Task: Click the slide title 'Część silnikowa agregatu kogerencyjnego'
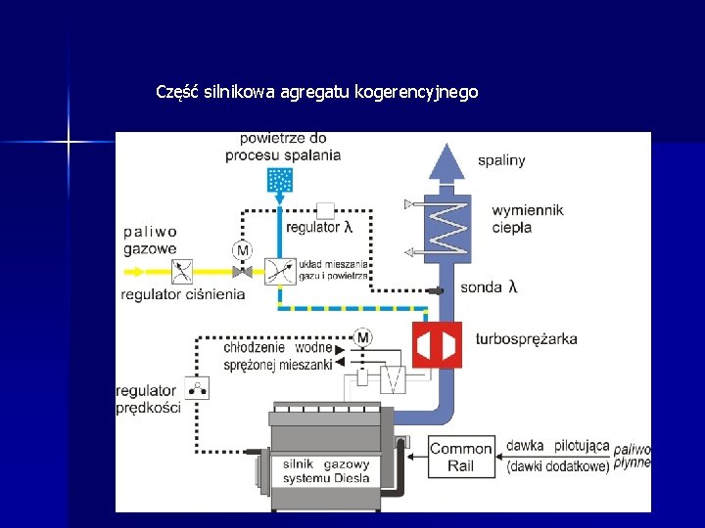coord(317,93)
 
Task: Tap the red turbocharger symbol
coord(437,345)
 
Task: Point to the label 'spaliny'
coord(501,159)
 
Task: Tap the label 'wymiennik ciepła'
coord(527,219)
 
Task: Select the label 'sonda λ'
coord(488,286)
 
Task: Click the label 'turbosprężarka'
coord(526,339)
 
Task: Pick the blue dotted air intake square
coord(280,180)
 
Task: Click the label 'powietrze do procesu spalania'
coord(283,147)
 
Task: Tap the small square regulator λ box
coord(327,209)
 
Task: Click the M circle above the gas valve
coord(242,251)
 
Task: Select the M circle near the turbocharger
coord(362,337)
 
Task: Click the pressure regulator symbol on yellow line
coord(181,271)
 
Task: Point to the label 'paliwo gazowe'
coord(150,241)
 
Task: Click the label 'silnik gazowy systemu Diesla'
coord(325,471)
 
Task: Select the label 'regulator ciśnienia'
coord(182,294)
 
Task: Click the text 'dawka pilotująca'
coord(557,446)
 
